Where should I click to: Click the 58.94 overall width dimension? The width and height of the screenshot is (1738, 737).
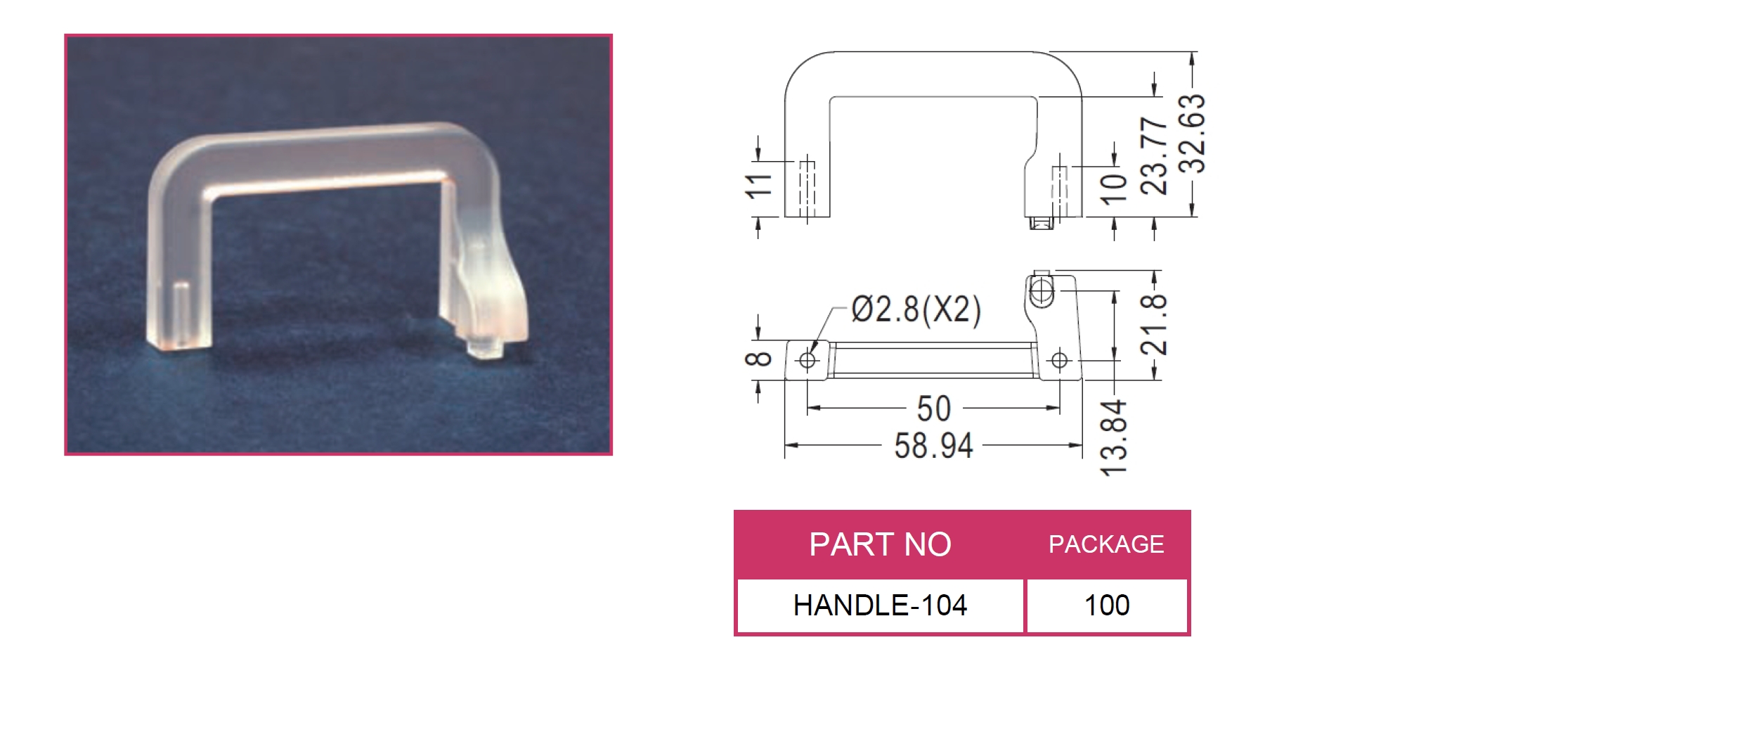point(933,446)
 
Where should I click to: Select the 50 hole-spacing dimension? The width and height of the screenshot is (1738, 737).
point(933,409)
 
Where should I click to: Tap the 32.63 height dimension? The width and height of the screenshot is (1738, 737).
point(1192,134)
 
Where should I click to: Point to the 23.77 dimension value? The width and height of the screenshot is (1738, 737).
point(1154,155)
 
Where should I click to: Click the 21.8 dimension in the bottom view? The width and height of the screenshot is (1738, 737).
point(1154,324)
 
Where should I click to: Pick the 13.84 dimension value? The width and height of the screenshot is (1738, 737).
point(1114,437)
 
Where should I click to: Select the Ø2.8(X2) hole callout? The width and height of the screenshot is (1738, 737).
point(916,309)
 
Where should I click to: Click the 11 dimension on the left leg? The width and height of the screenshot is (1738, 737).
point(758,186)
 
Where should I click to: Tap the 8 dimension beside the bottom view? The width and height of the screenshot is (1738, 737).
point(758,359)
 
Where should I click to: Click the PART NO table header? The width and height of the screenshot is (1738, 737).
point(880,544)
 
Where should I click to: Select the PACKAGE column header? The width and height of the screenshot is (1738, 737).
point(1106,544)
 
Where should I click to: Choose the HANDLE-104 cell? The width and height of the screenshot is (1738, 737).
point(880,605)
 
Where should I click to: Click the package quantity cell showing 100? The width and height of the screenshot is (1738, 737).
point(1107,605)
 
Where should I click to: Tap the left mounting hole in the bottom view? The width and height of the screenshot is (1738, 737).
point(808,361)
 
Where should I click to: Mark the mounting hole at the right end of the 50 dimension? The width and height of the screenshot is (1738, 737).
point(1059,361)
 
